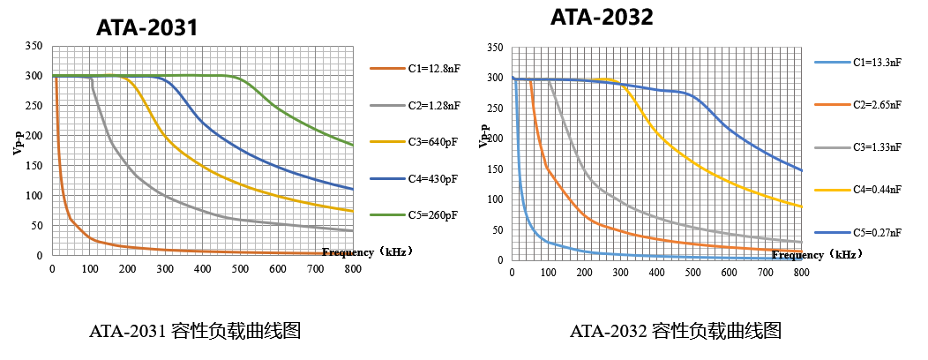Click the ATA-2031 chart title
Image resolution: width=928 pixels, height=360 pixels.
point(146,28)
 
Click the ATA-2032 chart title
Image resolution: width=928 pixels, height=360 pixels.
point(602,17)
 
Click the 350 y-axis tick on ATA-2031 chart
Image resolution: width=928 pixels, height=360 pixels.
point(34,46)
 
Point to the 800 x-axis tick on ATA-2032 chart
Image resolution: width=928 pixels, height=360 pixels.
point(801,274)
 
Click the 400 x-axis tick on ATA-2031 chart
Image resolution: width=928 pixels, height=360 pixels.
point(202,269)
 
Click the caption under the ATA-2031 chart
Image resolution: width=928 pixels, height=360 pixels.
point(196,333)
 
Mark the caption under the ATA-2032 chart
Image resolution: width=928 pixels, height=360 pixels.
point(676,333)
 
